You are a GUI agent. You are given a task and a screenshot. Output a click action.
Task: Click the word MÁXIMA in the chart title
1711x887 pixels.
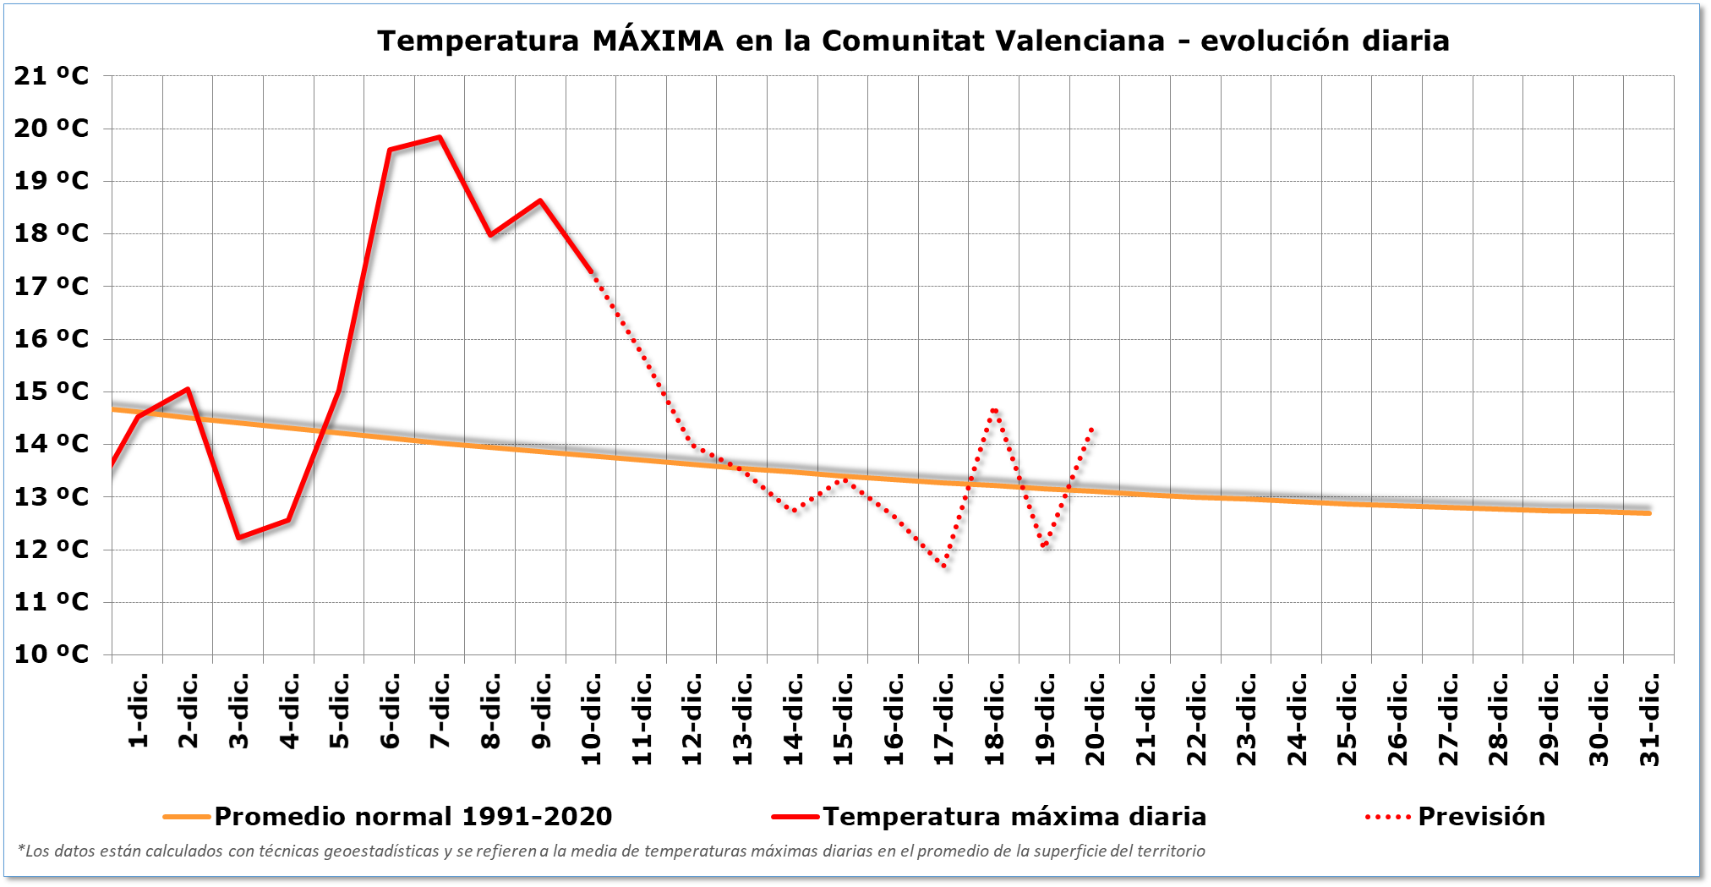click(x=658, y=41)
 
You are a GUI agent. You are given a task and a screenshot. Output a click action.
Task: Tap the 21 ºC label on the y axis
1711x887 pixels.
click(x=52, y=76)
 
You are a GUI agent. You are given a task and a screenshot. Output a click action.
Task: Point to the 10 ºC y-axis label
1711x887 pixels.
click(x=52, y=654)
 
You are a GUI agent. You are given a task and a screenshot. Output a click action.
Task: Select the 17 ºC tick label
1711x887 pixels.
click(x=52, y=287)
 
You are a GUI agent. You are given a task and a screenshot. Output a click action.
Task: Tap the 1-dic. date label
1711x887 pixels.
click(x=139, y=711)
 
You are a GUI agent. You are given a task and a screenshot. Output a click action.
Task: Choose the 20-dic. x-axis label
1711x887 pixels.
click(x=1096, y=720)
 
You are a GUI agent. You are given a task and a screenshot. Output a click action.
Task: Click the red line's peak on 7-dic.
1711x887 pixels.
click(x=440, y=137)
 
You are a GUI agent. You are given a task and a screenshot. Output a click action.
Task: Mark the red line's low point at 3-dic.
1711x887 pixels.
click(x=238, y=538)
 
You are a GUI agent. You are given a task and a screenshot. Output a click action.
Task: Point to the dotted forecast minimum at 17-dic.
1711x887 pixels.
click(x=944, y=567)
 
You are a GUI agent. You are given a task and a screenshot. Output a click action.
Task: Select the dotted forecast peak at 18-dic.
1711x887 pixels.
click(x=995, y=409)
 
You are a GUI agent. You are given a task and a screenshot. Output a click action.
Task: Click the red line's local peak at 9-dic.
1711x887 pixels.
click(x=540, y=200)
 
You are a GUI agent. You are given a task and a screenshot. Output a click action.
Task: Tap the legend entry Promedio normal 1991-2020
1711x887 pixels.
click(x=413, y=817)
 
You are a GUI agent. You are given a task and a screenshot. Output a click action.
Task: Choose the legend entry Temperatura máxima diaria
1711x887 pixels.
click(x=1014, y=817)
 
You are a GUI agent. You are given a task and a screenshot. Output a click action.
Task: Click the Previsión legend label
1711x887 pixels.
click(x=1481, y=817)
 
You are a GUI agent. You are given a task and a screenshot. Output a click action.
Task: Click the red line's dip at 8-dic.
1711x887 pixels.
click(x=490, y=235)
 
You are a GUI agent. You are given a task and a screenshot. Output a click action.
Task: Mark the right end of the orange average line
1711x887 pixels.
click(x=1649, y=512)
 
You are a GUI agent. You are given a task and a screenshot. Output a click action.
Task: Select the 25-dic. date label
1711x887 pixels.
click(x=1347, y=720)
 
